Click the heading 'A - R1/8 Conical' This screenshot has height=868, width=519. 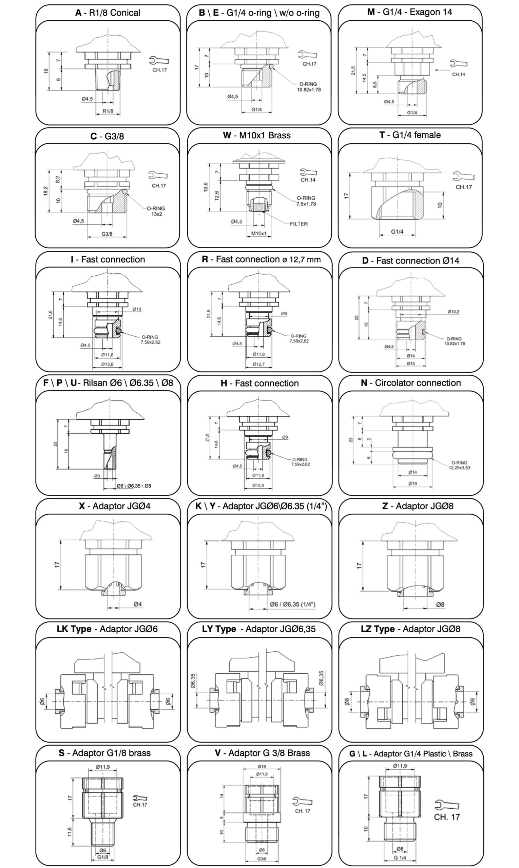(x=108, y=13)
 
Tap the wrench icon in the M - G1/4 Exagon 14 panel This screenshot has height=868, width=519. (x=459, y=64)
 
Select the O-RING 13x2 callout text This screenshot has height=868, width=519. (x=156, y=211)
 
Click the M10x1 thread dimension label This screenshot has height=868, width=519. (x=259, y=233)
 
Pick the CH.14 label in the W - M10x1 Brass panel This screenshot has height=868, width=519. (x=308, y=180)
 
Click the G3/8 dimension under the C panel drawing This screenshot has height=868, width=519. (x=107, y=234)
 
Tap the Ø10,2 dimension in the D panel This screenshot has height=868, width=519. (x=453, y=312)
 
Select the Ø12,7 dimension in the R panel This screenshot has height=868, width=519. (x=259, y=364)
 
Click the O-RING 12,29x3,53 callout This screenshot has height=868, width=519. (x=459, y=465)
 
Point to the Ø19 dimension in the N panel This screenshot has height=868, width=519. (x=412, y=484)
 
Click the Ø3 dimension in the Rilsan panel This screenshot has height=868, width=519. (x=97, y=476)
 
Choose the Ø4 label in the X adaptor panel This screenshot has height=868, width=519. (x=138, y=604)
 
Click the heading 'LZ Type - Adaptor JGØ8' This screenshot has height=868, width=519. (x=410, y=629)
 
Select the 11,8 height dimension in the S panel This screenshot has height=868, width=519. (x=69, y=831)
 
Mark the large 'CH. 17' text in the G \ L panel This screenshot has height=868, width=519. (x=447, y=817)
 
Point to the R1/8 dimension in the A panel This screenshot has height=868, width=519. (x=108, y=111)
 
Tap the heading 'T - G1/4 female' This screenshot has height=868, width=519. (x=410, y=135)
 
